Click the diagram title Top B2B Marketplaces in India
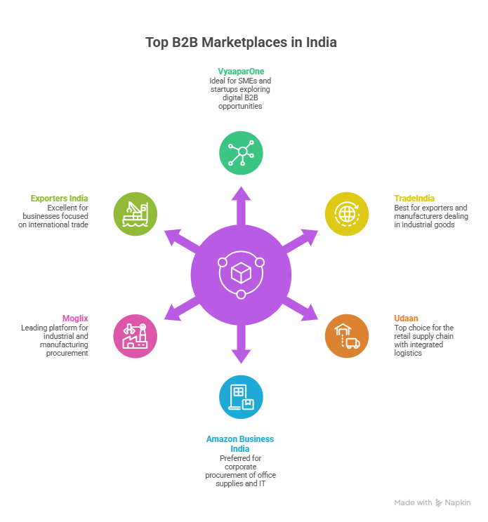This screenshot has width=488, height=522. pyautogui.click(x=241, y=42)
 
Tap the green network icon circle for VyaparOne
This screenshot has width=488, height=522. pyautogui.click(x=241, y=152)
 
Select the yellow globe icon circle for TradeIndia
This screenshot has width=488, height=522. pyautogui.click(x=346, y=213)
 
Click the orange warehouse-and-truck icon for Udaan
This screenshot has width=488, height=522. pyautogui.click(x=346, y=335)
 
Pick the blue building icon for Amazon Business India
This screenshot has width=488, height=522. pyautogui.click(x=241, y=396)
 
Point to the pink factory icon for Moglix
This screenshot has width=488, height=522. pyautogui.click(x=135, y=335)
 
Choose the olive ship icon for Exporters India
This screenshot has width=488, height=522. pyautogui.click(x=135, y=213)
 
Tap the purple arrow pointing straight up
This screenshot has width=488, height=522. pyautogui.click(x=241, y=203)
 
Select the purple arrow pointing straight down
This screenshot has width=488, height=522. pyautogui.click(x=241, y=345)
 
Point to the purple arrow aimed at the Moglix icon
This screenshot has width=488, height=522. pyautogui.click(x=180, y=309)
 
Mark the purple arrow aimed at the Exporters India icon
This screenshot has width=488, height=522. pyautogui.click(x=180, y=239)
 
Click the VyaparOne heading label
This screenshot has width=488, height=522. pyautogui.click(x=240, y=72)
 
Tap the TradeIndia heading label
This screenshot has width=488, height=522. pyautogui.click(x=414, y=199)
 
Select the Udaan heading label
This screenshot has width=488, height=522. pyautogui.click(x=406, y=319)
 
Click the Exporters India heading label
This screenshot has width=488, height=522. pyautogui.click(x=60, y=199)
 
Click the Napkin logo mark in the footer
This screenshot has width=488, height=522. pyautogui.click(x=439, y=503)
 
